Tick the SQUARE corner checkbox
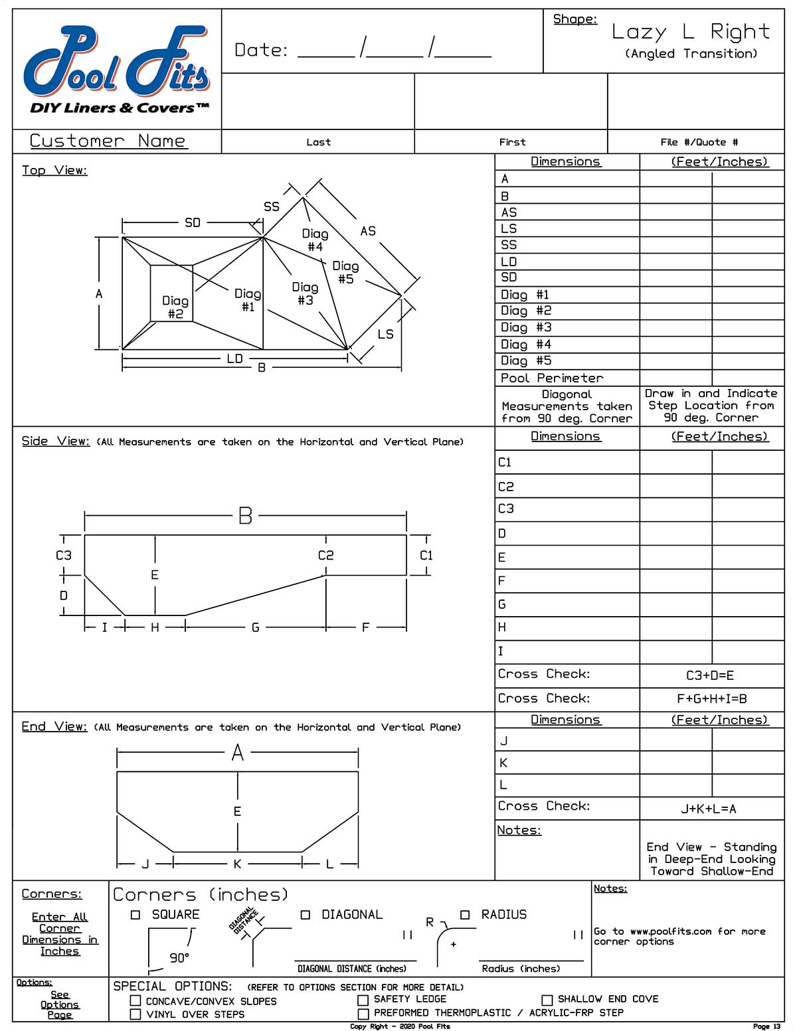pos(135,915)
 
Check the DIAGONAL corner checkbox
pos(306,915)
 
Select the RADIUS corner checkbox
pos(465,915)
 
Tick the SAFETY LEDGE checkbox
pos(363,1000)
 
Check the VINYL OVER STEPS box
pos(135,1014)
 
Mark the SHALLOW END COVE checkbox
pos(547,1000)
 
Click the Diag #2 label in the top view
pos(175,307)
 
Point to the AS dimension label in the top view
pos(368,231)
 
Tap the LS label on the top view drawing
pos(385,334)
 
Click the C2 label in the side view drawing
pos(325,555)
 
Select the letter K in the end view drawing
pos(237,864)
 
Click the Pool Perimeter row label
pos(552,378)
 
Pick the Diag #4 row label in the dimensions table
pos(525,345)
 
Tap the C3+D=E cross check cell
pos(710,676)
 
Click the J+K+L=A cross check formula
pos(709,809)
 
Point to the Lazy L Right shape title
pos(691,32)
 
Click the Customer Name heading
pos(108,141)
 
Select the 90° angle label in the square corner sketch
pos(179,958)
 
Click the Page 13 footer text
pos(767,1026)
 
